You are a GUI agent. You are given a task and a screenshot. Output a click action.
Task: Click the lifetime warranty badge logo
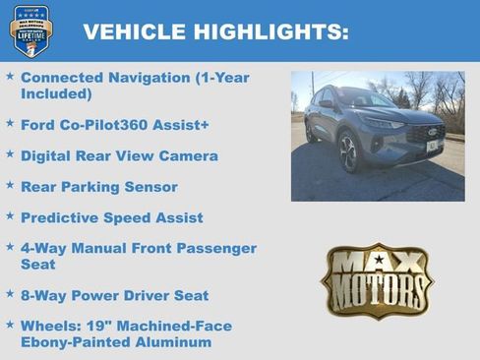point(31,30)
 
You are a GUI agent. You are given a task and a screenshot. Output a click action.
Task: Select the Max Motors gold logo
point(378,279)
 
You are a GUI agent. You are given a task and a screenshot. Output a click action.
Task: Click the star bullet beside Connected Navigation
point(10,75)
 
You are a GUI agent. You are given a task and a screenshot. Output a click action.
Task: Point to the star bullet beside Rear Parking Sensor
point(10,185)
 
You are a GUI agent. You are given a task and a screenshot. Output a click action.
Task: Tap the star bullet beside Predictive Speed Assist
point(10,216)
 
